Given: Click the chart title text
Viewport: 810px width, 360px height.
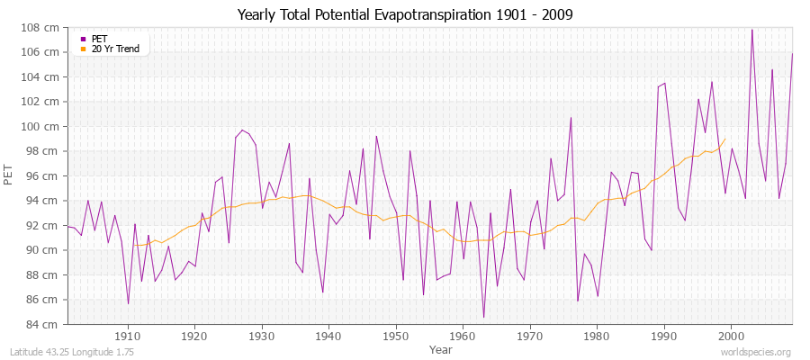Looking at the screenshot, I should (404, 15).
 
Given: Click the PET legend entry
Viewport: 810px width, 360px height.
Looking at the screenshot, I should (99, 39).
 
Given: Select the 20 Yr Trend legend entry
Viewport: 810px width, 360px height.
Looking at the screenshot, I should (116, 49).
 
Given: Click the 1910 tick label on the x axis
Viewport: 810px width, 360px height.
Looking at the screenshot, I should (128, 337).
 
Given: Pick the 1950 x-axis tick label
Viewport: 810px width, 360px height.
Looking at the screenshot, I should (396, 337).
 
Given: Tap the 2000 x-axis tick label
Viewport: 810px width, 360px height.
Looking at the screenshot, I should (731, 337).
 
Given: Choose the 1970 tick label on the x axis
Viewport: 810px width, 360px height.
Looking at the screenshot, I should (530, 337).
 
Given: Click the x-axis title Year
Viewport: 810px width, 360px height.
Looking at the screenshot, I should (441, 349).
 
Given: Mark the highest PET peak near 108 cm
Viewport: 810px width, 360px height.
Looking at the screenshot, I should (752, 30).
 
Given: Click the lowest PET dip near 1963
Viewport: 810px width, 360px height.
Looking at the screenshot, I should (483, 317).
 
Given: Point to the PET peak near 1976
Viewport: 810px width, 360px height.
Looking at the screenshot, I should (571, 118).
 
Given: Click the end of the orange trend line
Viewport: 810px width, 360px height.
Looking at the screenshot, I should (725, 138).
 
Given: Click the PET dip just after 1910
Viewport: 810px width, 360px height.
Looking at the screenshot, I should (128, 303).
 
